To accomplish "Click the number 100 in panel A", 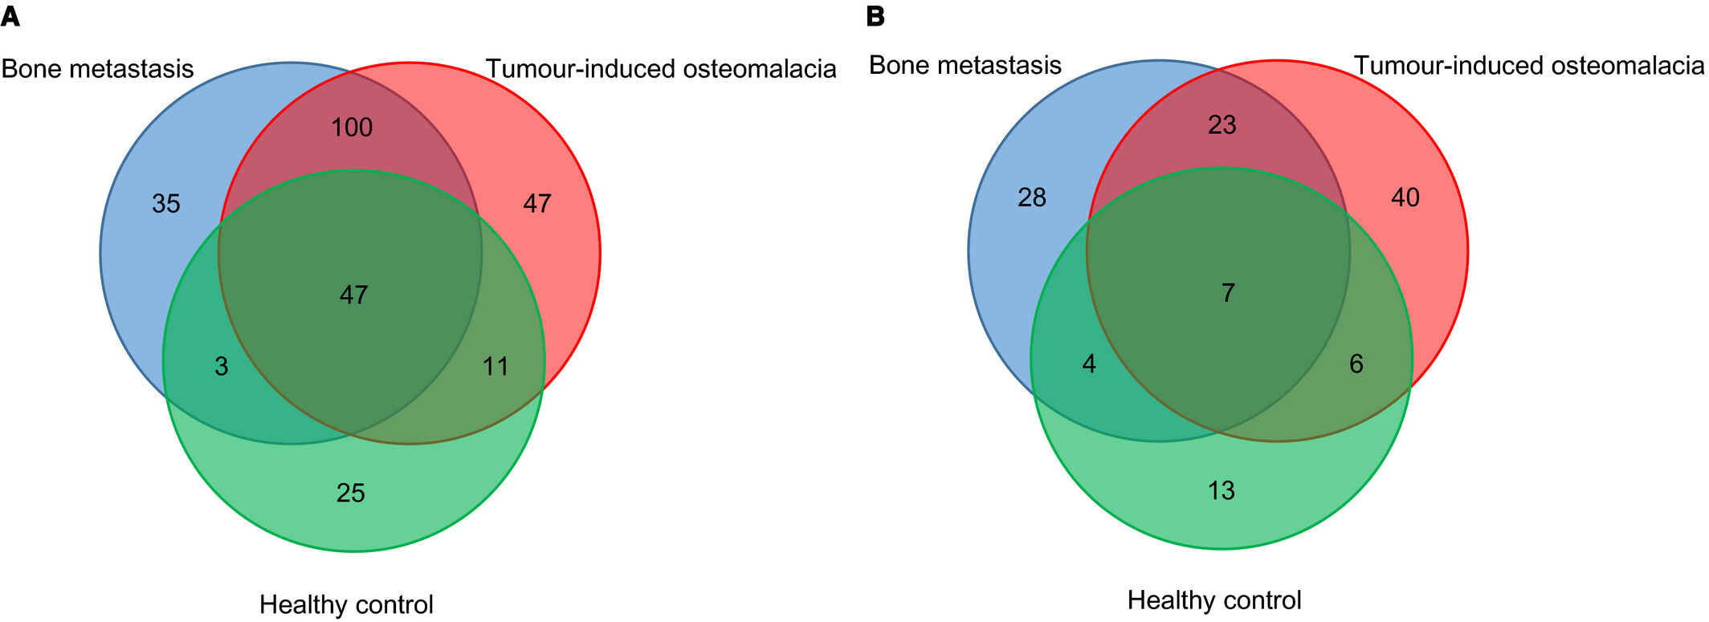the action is click(x=352, y=127).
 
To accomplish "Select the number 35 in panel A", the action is click(x=166, y=204).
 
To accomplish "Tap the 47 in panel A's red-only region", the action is click(x=537, y=204).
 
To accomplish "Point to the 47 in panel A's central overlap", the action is click(x=353, y=295).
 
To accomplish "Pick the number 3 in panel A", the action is click(x=222, y=367).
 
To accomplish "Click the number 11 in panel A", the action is click(x=496, y=367).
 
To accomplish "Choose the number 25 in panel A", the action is click(x=351, y=493).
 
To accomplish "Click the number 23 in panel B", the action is click(x=1222, y=124).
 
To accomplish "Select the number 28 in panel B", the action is click(x=1032, y=197).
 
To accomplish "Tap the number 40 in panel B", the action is click(x=1405, y=197).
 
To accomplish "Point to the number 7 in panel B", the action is click(x=1228, y=294).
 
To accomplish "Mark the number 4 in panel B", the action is click(x=1089, y=364).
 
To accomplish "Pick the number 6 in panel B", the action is click(x=1356, y=364).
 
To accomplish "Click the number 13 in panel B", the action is click(x=1221, y=490).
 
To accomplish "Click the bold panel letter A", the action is click(x=10, y=17).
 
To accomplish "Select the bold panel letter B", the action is click(x=875, y=17).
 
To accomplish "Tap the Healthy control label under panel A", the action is click(x=346, y=604).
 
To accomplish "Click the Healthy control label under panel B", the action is click(x=1214, y=600).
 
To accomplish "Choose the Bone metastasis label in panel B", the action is click(x=965, y=65).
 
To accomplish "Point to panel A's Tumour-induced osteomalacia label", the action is click(x=662, y=69).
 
